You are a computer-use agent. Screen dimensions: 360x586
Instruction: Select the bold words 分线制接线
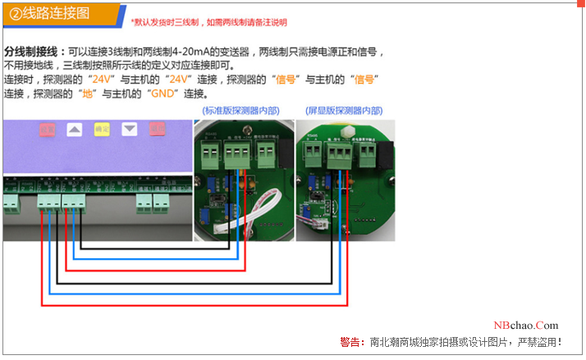click(x=30, y=51)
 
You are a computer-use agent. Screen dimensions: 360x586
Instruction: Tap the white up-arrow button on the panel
click(x=75, y=130)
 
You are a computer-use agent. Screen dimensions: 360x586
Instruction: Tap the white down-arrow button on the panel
click(x=129, y=130)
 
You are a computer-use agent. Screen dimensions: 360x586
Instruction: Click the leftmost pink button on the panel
click(x=48, y=130)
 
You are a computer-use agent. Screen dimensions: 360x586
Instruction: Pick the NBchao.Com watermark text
click(x=526, y=326)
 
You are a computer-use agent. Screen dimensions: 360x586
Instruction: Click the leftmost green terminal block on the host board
click(x=16, y=202)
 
